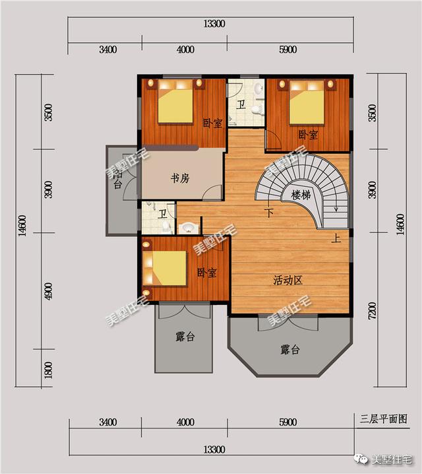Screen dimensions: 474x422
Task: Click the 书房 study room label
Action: (180, 178)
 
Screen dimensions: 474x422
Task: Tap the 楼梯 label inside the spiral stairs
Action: (301, 195)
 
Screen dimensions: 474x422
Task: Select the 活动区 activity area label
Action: (287, 281)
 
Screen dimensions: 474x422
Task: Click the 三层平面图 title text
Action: (383, 419)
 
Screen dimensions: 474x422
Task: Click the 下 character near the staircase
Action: (269, 213)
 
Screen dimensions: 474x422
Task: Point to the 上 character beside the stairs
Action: (336, 239)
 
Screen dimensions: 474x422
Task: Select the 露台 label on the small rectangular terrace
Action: (185, 337)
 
